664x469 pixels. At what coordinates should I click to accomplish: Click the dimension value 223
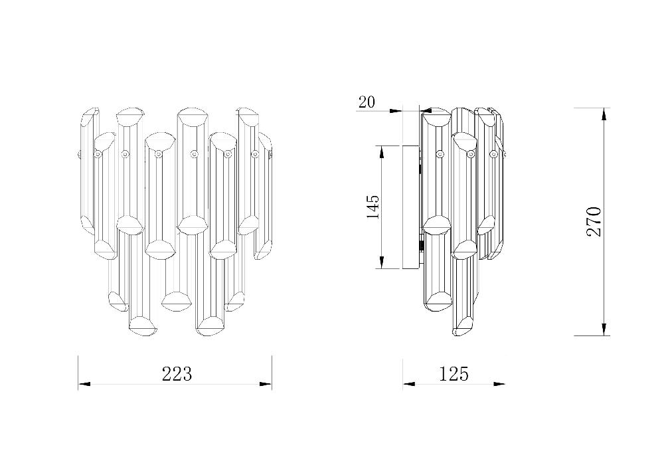(177, 374)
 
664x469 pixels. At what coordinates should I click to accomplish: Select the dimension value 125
(454, 374)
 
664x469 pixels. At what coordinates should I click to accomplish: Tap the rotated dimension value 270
(593, 222)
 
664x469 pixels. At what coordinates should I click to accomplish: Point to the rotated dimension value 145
(373, 207)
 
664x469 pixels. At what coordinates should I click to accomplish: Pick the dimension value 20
(367, 102)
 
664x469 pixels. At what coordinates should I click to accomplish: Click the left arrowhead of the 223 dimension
(84, 384)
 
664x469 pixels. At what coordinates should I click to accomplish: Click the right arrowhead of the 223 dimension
(266, 384)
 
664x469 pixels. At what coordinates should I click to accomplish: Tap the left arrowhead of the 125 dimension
(409, 384)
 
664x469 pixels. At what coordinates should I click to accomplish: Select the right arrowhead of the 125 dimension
(499, 384)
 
